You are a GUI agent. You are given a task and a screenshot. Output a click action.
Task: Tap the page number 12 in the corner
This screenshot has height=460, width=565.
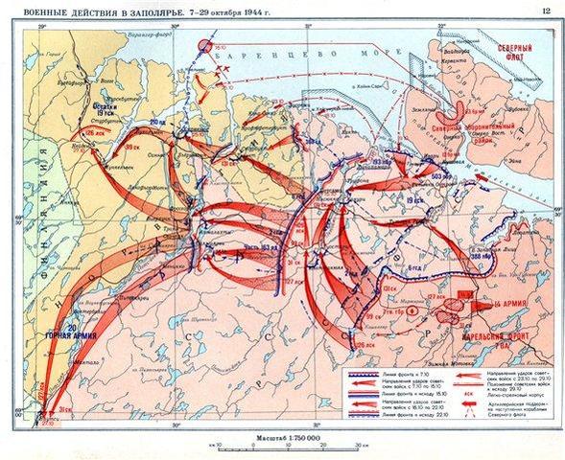(545, 11)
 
